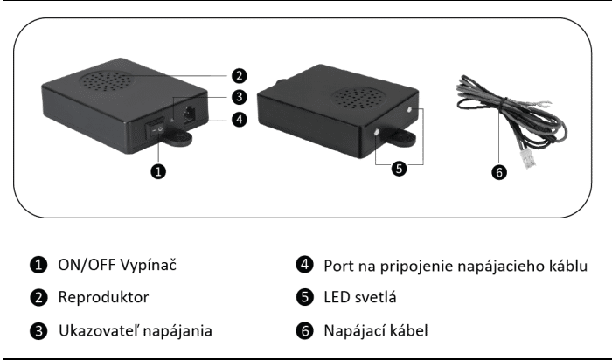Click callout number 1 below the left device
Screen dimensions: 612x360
point(158,171)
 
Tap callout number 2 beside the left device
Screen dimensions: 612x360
point(240,76)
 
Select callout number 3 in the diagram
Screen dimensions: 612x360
point(240,97)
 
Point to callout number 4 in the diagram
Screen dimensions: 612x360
point(240,120)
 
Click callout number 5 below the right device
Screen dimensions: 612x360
point(399,169)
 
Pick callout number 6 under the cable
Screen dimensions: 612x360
point(499,172)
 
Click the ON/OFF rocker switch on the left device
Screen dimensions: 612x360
point(156,128)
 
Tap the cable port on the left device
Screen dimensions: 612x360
point(190,114)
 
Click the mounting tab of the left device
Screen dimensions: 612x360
point(177,138)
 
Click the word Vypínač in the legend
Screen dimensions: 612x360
point(148,265)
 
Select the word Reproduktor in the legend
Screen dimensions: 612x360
point(103,297)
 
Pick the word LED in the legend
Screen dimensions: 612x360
point(337,297)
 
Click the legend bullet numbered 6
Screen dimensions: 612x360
point(305,330)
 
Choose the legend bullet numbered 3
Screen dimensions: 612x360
point(38,331)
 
